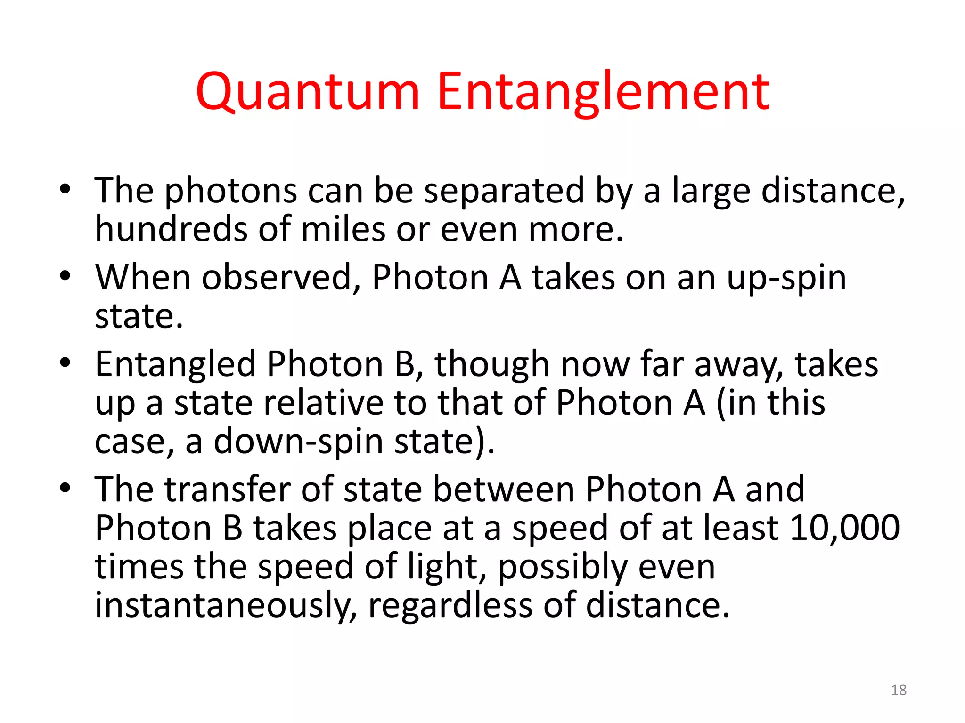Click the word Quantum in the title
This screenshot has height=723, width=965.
(307, 92)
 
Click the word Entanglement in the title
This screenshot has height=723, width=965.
(603, 92)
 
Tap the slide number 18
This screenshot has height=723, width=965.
(899, 690)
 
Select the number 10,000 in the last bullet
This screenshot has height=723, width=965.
(844, 528)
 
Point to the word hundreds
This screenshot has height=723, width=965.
(171, 229)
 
